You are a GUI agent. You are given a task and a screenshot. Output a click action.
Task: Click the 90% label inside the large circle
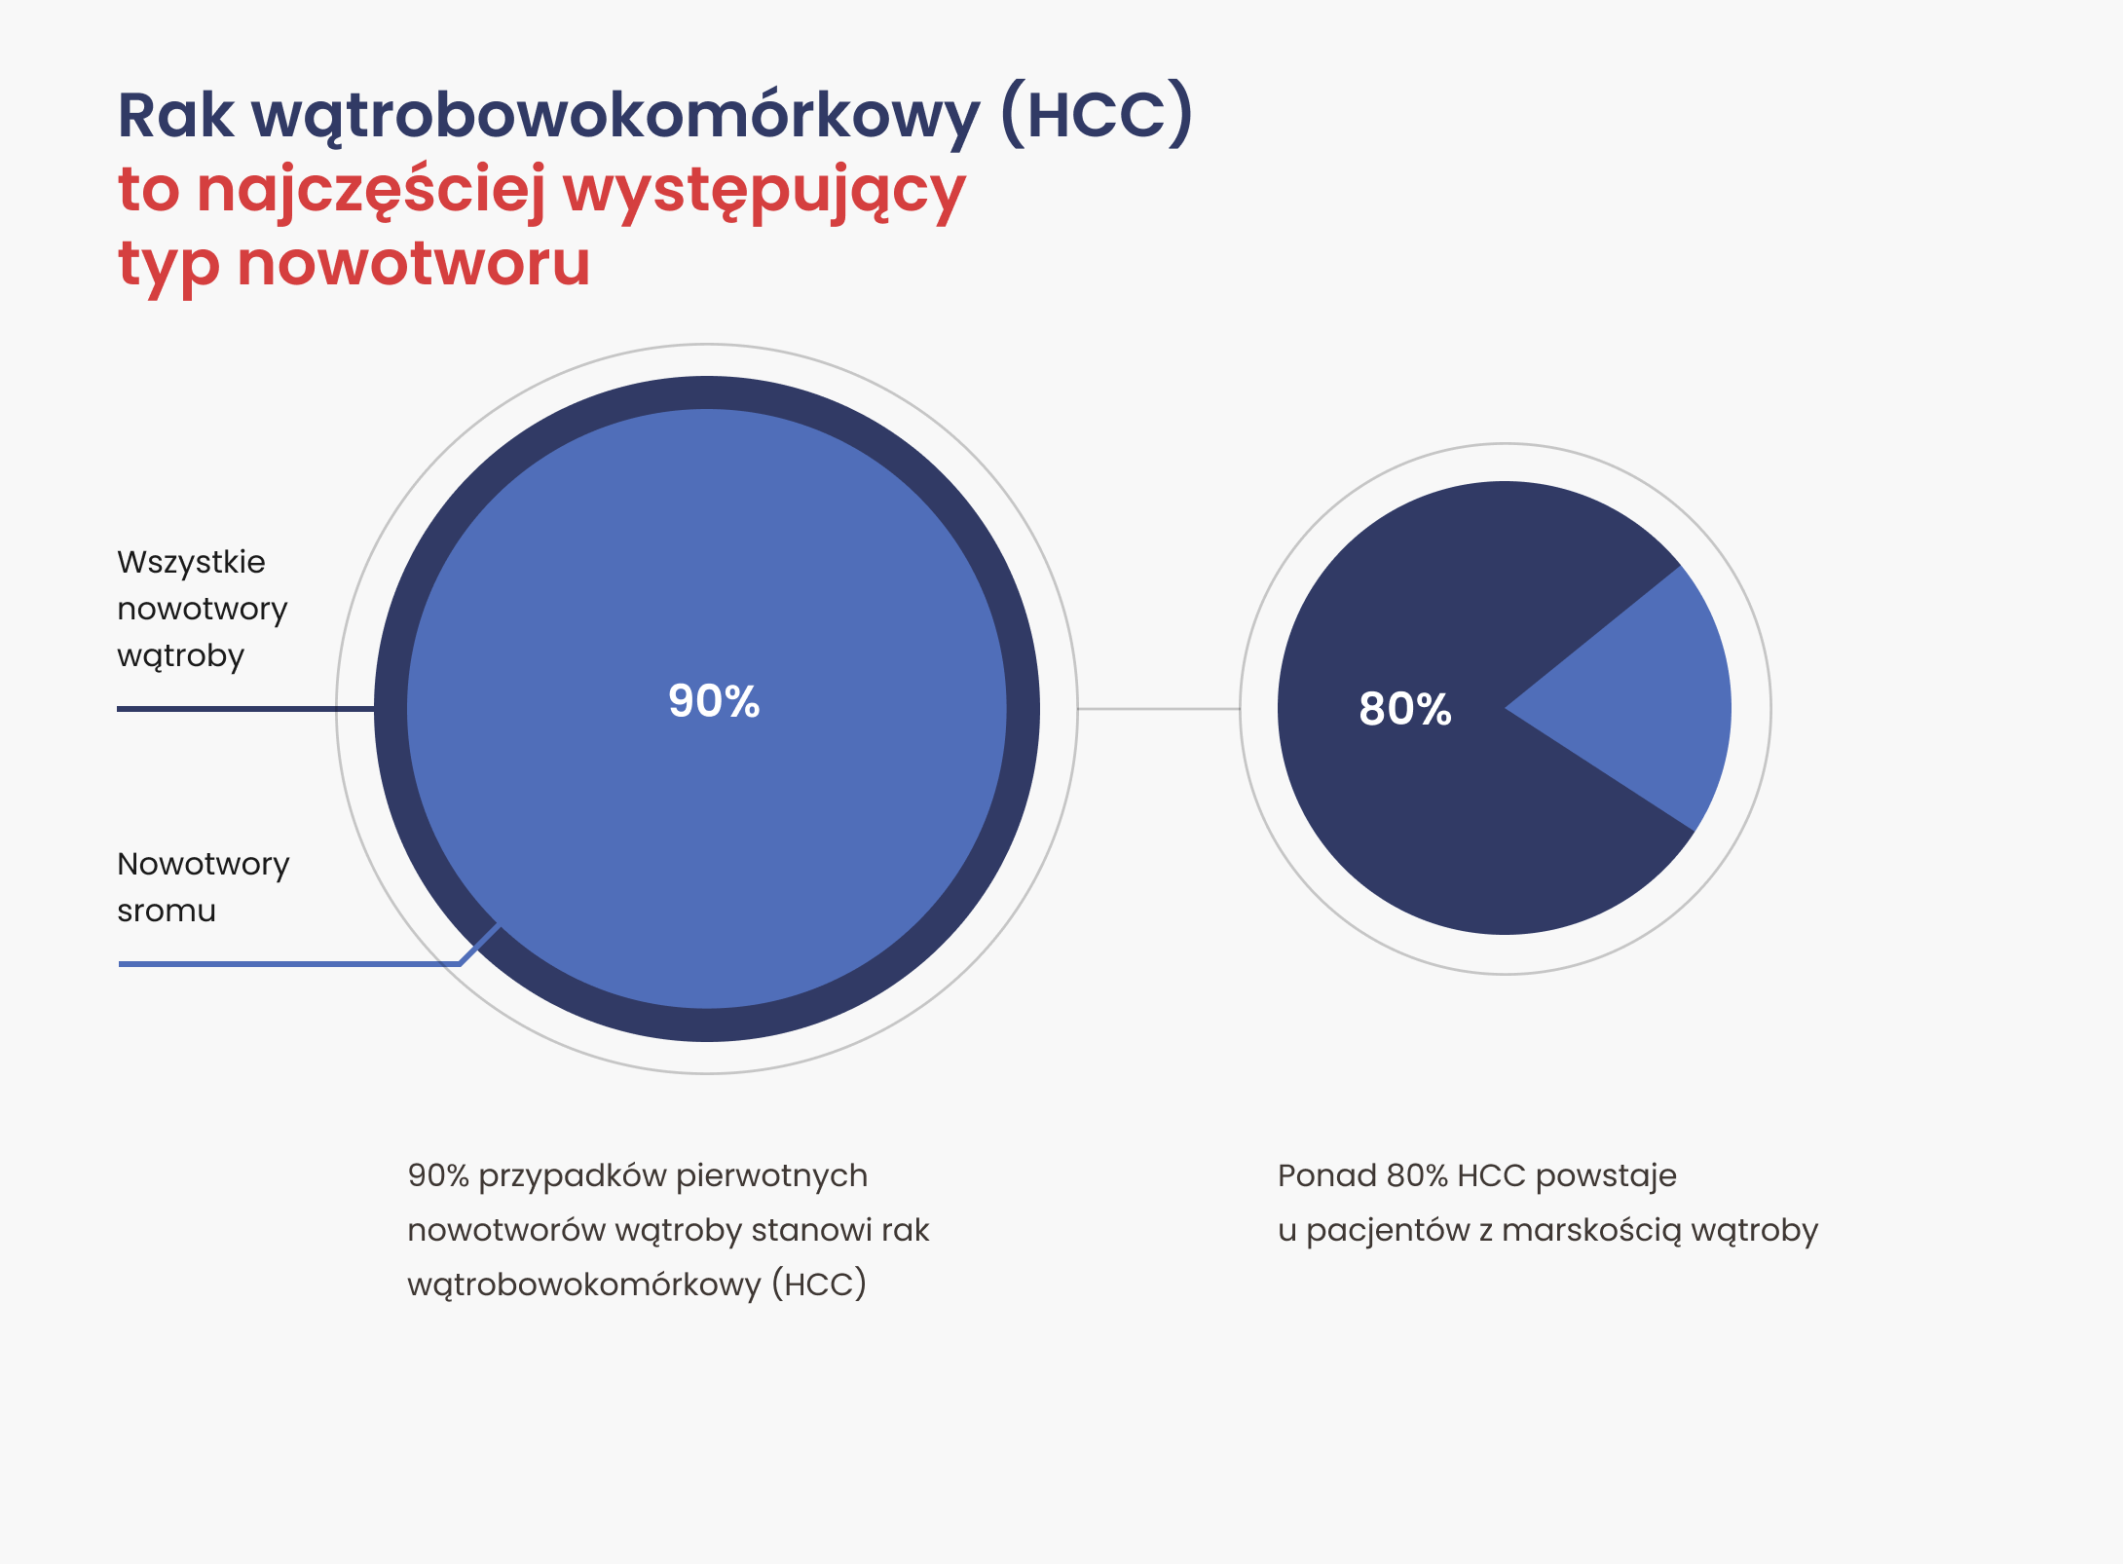point(714,701)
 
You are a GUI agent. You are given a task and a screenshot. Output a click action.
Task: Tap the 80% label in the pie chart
point(1405,709)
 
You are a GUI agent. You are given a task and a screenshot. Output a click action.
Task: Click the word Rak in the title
point(175,116)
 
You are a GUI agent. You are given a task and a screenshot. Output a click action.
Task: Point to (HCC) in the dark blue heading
point(1097,114)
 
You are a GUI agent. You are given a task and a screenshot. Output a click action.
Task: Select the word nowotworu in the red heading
point(414,263)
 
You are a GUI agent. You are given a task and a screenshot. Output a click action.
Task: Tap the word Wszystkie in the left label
point(191,562)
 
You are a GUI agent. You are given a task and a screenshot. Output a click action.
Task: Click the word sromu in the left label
point(167,912)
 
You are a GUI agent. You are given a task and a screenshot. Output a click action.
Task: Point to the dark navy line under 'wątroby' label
point(245,709)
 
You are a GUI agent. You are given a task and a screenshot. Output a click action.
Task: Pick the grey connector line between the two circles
point(1159,709)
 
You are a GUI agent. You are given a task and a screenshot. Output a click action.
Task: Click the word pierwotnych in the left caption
point(771,1177)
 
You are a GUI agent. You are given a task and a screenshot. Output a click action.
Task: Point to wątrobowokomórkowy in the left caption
point(584,1285)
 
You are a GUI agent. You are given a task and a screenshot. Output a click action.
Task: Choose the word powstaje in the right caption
point(1606,1177)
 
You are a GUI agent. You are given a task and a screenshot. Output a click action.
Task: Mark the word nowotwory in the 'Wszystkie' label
point(203,611)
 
